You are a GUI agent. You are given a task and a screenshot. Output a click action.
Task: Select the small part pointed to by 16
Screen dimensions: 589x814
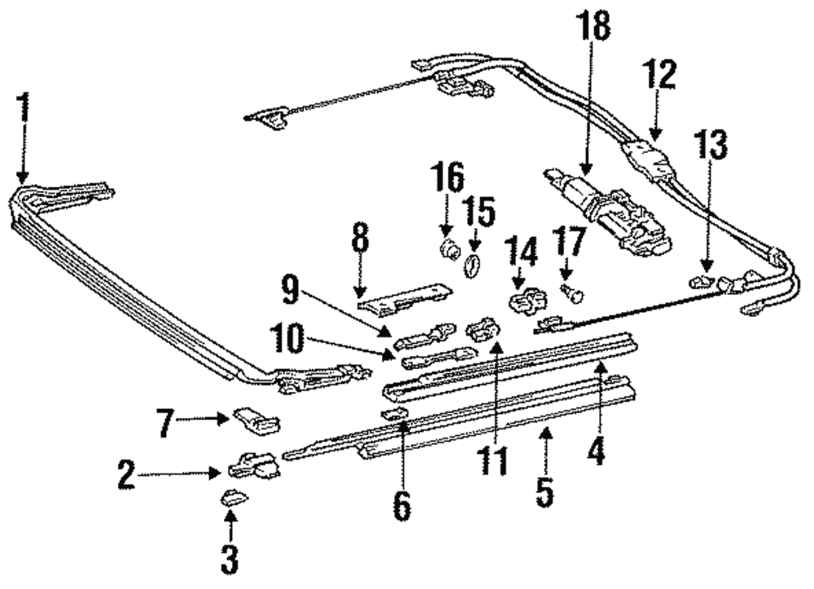point(446,248)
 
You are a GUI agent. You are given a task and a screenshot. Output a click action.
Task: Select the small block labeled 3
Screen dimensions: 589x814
point(230,497)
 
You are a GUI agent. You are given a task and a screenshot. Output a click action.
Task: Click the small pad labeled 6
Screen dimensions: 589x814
point(394,415)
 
